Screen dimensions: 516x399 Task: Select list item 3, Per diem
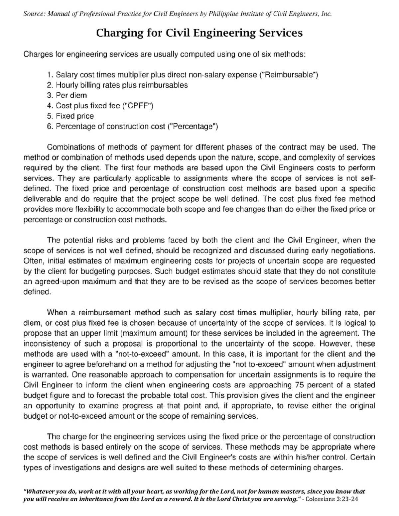71,95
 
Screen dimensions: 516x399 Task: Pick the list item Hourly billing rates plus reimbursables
121,85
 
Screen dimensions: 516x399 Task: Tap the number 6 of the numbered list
50,126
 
